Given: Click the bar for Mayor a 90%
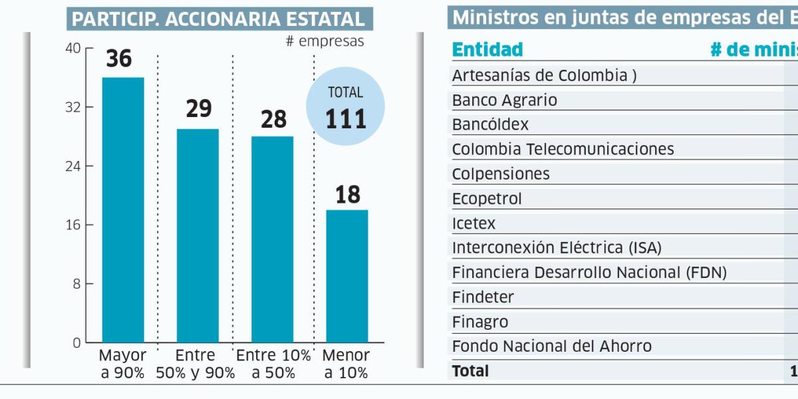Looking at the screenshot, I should click(122, 209).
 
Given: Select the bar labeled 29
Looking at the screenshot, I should click(198, 235).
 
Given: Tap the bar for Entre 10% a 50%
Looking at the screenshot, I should click(272, 239).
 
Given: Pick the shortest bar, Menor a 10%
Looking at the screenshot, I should click(346, 276).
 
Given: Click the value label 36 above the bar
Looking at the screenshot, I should click(119, 59).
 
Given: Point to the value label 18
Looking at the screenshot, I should click(346, 195).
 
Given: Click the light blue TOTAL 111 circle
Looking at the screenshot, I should click(345, 106).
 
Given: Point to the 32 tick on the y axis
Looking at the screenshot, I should click(73, 107).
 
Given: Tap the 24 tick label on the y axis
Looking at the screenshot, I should click(73, 166).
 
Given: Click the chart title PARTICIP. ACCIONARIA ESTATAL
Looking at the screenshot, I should click(219, 19).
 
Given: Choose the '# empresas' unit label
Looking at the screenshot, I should click(325, 41).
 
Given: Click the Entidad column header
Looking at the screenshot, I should click(487, 50).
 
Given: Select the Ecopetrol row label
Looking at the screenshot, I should click(487, 199).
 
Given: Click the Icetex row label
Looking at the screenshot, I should click(473, 223).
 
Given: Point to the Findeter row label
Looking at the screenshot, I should click(483, 297).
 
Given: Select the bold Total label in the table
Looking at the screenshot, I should click(470, 371).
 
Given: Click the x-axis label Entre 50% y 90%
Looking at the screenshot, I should click(196, 364).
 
